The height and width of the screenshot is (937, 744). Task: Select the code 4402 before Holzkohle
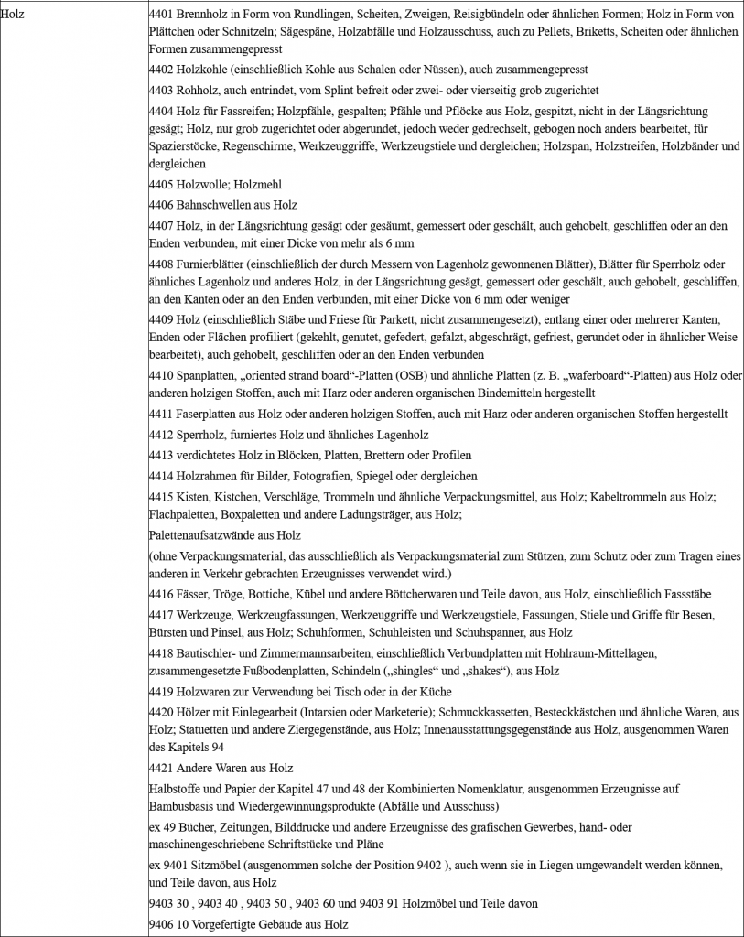[x=162, y=70]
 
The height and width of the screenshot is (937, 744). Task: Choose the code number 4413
[x=162, y=455]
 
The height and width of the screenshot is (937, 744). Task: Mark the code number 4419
[x=162, y=691]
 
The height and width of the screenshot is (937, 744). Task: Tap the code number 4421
[x=162, y=767]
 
